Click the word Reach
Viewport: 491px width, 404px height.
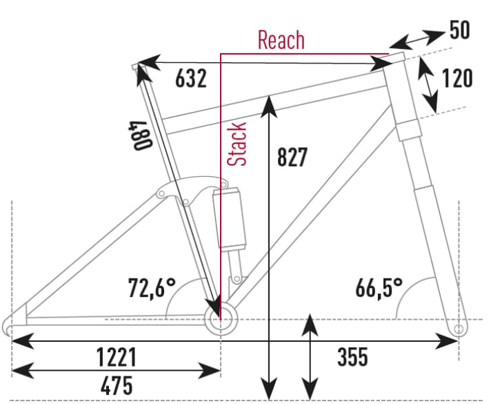point(281,39)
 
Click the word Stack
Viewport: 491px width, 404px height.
point(237,144)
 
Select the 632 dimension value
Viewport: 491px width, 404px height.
point(191,79)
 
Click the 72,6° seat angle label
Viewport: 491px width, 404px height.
point(151,287)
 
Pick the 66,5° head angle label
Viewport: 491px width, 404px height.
point(379,287)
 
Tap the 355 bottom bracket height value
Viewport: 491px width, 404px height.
point(352,357)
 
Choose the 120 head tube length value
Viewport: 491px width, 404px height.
point(457,78)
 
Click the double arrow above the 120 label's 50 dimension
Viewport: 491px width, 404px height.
point(421,39)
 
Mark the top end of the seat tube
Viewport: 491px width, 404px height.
point(137,66)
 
